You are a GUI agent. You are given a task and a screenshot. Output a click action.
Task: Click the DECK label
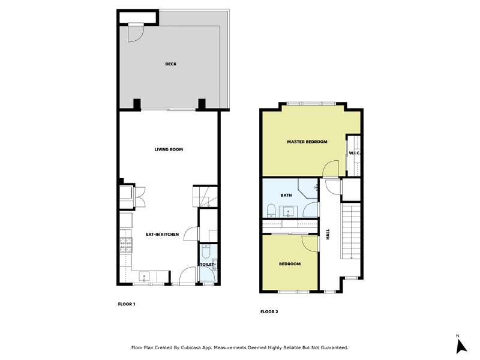tap(171, 64)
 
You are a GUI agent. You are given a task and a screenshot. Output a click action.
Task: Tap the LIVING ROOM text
tap(169, 149)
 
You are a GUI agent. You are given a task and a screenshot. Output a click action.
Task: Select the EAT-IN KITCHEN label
tap(162, 235)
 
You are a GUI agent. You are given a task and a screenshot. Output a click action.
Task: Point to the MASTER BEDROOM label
tap(307, 142)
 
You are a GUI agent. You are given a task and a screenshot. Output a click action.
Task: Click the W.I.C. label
tap(353, 154)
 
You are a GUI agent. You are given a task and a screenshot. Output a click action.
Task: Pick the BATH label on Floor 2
tap(286, 196)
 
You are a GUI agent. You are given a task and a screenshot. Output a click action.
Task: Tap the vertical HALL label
tap(328, 235)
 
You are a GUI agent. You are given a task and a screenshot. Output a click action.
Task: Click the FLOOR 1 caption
tap(126, 304)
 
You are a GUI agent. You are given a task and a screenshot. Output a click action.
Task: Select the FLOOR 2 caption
tap(269, 311)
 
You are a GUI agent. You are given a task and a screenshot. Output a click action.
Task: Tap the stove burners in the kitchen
tap(127, 244)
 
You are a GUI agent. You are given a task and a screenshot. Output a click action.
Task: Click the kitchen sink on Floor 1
tap(144, 277)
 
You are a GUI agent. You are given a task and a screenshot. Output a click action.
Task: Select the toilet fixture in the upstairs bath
tap(271, 210)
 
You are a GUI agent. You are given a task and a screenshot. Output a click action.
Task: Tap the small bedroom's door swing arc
tap(310, 243)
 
